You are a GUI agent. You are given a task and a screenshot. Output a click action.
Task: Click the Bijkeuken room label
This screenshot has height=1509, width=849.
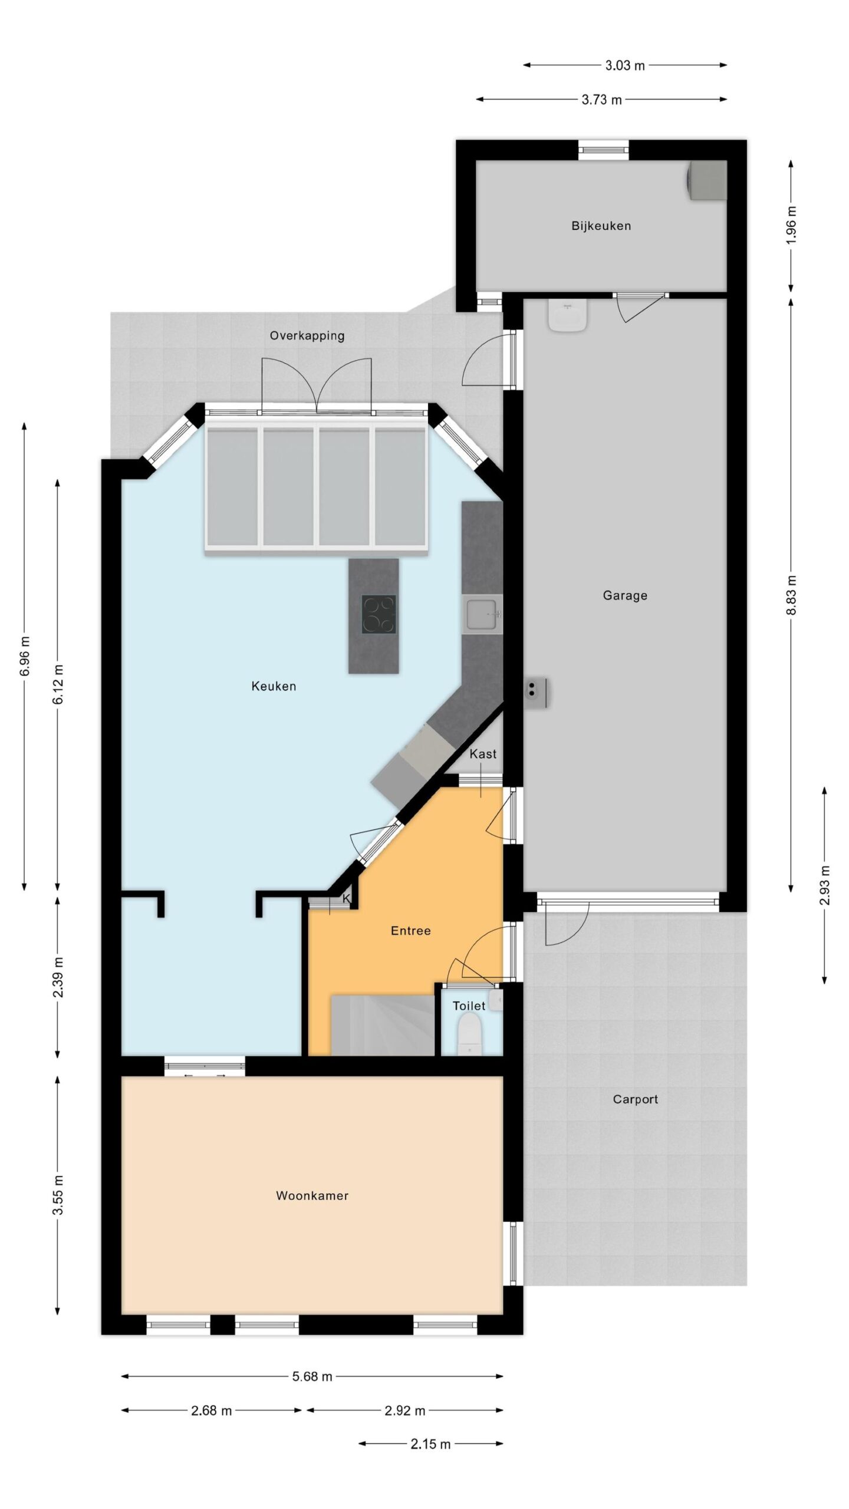tap(601, 226)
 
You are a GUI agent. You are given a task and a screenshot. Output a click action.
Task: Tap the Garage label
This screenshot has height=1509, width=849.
tap(625, 595)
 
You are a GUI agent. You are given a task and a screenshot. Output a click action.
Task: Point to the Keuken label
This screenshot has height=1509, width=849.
tap(274, 686)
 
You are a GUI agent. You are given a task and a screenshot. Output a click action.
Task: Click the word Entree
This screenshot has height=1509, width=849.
tap(411, 931)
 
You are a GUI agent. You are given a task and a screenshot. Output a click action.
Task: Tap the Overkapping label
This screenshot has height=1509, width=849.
tap(307, 336)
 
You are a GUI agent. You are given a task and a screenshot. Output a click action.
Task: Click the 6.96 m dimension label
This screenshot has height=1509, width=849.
tap(24, 656)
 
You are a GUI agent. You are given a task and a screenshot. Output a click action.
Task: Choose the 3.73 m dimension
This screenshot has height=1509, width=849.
tap(601, 100)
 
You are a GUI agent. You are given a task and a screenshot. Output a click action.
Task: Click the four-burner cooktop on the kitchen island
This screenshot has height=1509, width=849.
tap(379, 614)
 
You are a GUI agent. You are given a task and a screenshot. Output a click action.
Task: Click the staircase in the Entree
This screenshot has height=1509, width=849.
tap(383, 1024)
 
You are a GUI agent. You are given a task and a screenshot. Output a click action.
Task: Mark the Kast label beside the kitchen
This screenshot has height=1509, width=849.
tap(483, 754)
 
